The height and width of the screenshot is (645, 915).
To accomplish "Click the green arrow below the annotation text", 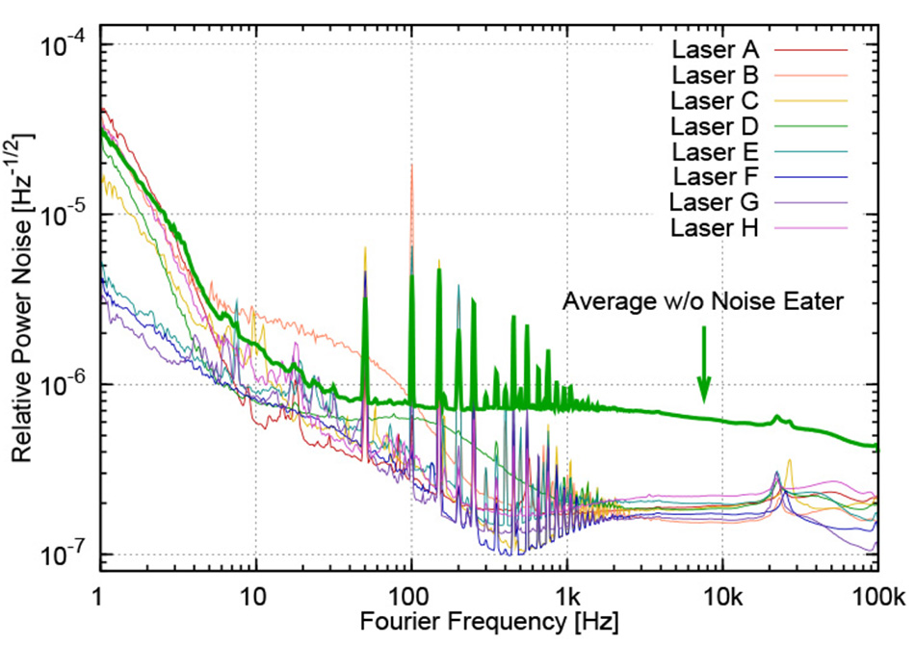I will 704,366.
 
